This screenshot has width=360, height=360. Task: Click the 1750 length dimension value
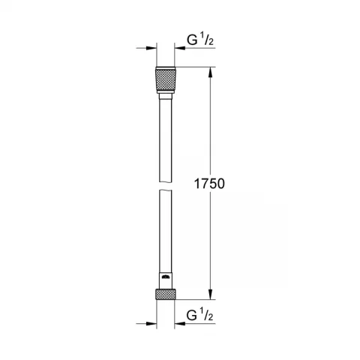(209, 183)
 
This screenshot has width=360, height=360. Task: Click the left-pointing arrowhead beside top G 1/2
(180, 49)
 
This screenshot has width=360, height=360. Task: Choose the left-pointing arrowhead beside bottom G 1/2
(180, 325)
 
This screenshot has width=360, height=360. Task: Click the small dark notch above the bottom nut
(165, 281)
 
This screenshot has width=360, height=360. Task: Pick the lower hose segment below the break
(165, 232)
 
